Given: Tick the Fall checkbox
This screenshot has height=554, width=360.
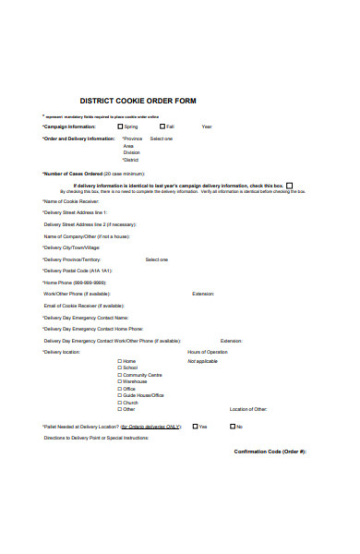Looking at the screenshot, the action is (162, 126).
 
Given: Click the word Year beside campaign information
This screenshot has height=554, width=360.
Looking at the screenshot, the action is (207, 126).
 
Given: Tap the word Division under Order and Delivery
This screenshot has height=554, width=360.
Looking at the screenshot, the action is (132, 152).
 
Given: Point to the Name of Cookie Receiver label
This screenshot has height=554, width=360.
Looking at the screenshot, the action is (70, 201).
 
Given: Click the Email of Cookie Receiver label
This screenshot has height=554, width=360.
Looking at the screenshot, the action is (84, 306).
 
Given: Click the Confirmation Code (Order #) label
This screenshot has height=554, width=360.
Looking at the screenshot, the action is (270, 451).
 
